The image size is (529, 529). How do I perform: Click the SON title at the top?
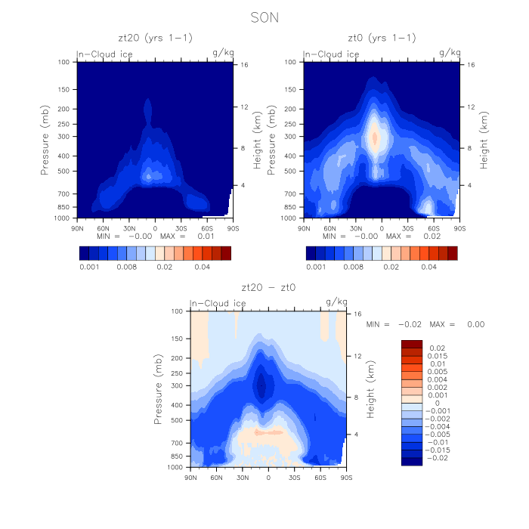pos(264,16)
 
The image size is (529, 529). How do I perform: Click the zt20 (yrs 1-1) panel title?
pos(154,37)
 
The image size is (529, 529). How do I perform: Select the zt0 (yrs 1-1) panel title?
pos(382,37)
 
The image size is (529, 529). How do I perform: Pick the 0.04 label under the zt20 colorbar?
pos(202,267)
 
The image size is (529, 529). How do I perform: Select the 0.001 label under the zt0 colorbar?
pos(316,267)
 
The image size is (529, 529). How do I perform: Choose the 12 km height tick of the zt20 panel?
pos(243,107)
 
